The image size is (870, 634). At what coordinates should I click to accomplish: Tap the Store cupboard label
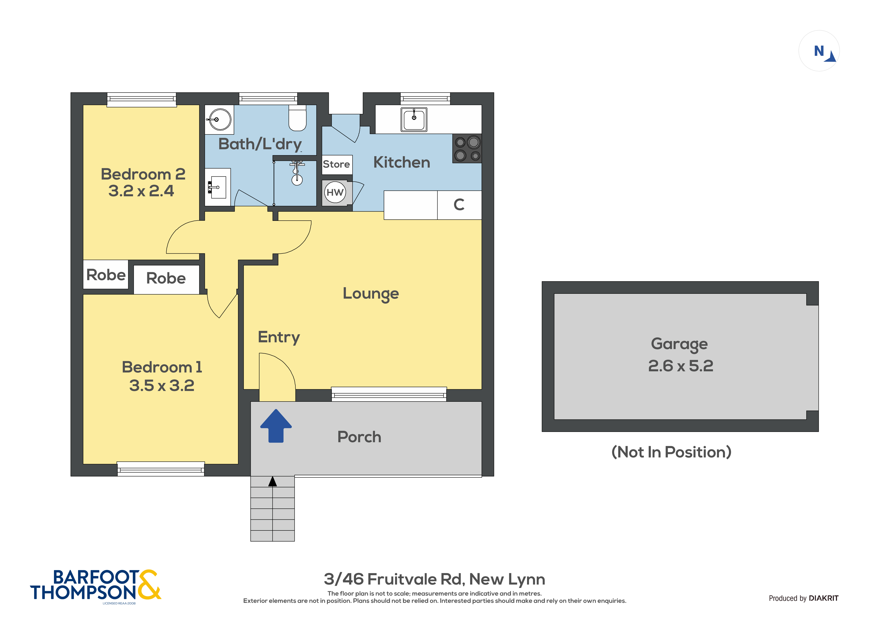pos(336,164)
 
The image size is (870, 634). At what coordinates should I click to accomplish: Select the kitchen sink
pos(414,119)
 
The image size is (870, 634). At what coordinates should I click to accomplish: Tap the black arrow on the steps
pos(272,481)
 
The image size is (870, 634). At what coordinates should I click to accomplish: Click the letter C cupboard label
pos(459,205)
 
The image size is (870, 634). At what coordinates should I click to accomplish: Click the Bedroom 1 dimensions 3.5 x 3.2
pos(162,385)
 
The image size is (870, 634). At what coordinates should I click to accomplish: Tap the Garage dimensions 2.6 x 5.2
pos(681,366)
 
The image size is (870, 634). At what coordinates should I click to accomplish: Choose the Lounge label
pos(371,294)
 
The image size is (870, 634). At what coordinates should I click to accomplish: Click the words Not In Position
pos(671,452)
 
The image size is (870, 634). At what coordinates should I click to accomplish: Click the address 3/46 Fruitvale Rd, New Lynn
pos(434,579)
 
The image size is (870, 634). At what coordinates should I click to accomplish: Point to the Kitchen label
pos(402,162)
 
